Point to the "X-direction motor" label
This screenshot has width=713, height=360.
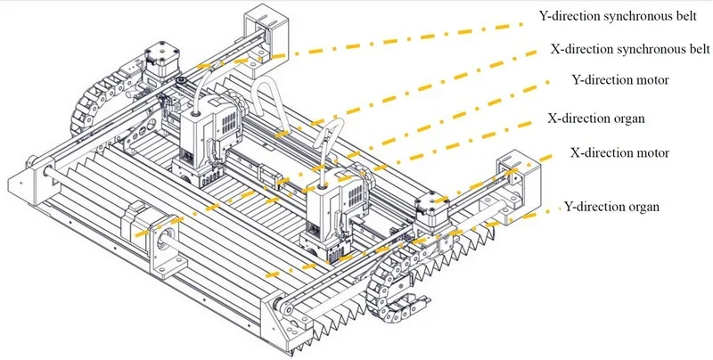[619, 152]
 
